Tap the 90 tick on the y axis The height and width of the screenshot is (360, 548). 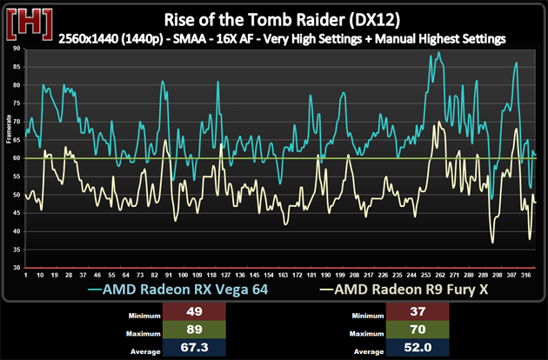[17, 49]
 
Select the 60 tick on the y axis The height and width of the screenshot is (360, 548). [17, 158]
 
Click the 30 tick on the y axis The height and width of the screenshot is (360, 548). [17, 268]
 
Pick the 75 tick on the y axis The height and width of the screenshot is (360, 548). [17, 103]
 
